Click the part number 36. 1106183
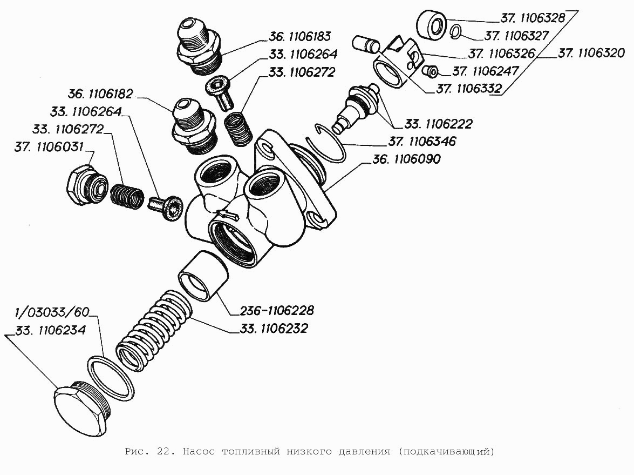[x=299, y=37]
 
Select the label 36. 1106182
[x=100, y=93]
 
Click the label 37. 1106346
[x=422, y=142]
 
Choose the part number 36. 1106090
[x=406, y=159]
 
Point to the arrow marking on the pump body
[x=225, y=215]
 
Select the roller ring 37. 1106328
[x=432, y=25]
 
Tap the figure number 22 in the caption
[x=166, y=452]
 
